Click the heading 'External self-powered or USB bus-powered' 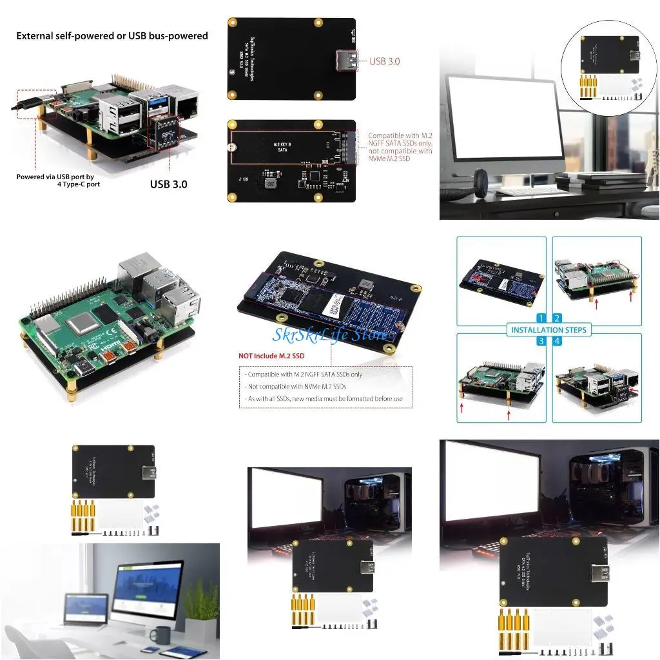112,36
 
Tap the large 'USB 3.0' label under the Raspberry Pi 168,184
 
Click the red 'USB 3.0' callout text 385,61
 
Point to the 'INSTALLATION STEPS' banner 549,330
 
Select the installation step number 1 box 541,318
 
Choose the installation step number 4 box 557,341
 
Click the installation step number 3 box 541,341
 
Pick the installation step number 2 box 557,318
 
